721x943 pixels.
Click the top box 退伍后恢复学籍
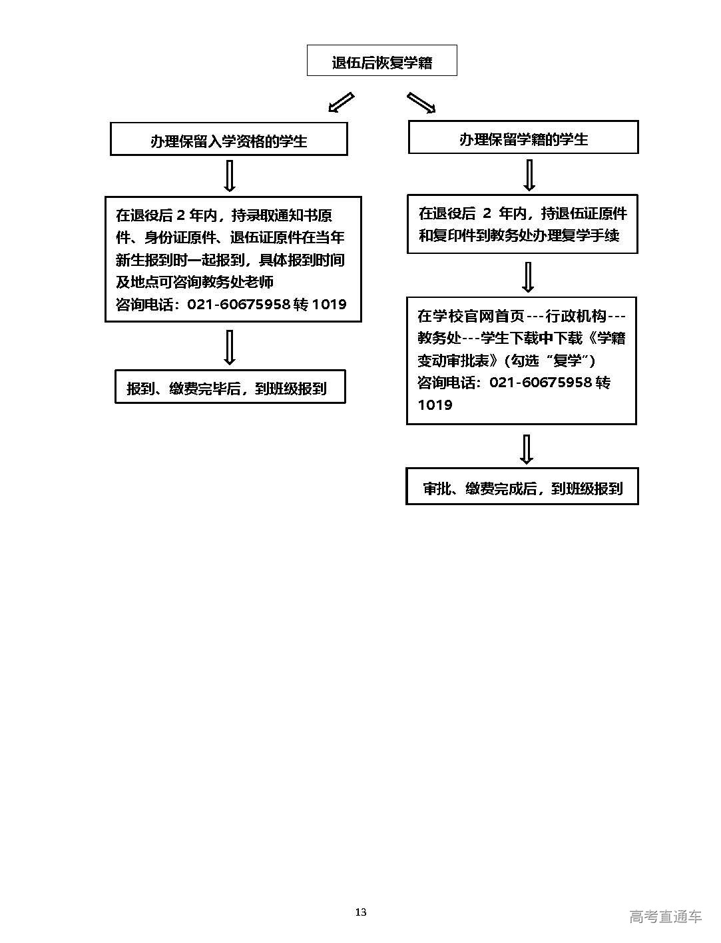pyautogui.click(x=381, y=61)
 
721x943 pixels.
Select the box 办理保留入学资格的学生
pyautogui.click(x=228, y=140)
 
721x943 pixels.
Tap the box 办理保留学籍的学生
pyautogui.click(x=523, y=138)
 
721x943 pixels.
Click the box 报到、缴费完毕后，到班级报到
pyautogui.click(x=230, y=387)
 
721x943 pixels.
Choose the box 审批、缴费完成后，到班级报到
pyautogui.click(x=522, y=487)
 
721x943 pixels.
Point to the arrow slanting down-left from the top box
pyautogui.click(x=340, y=102)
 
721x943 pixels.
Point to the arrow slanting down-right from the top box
pyautogui.click(x=421, y=103)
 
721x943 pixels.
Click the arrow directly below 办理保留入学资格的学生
pyautogui.click(x=230, y=176)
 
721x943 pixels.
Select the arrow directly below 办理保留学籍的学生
pyautogui.click(x=529, y=175)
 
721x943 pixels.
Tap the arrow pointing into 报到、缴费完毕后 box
pyautogui.click(x=230, y=347)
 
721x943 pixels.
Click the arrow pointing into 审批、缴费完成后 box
pyautogui.click(x=527, y=449)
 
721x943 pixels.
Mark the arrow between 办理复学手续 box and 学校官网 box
pyautogui.click(x=528, y=276)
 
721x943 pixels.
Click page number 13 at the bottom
pyautogui.click(x=360, y=912)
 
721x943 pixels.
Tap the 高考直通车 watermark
pyautogui.click(x=665, y=916)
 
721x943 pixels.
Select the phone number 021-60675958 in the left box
pyautogui.click(x=238, y=305)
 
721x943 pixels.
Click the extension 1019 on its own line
pyautogui.click(x=435, y=405)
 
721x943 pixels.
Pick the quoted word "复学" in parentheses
pyautogui.click(x=570, y=361)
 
